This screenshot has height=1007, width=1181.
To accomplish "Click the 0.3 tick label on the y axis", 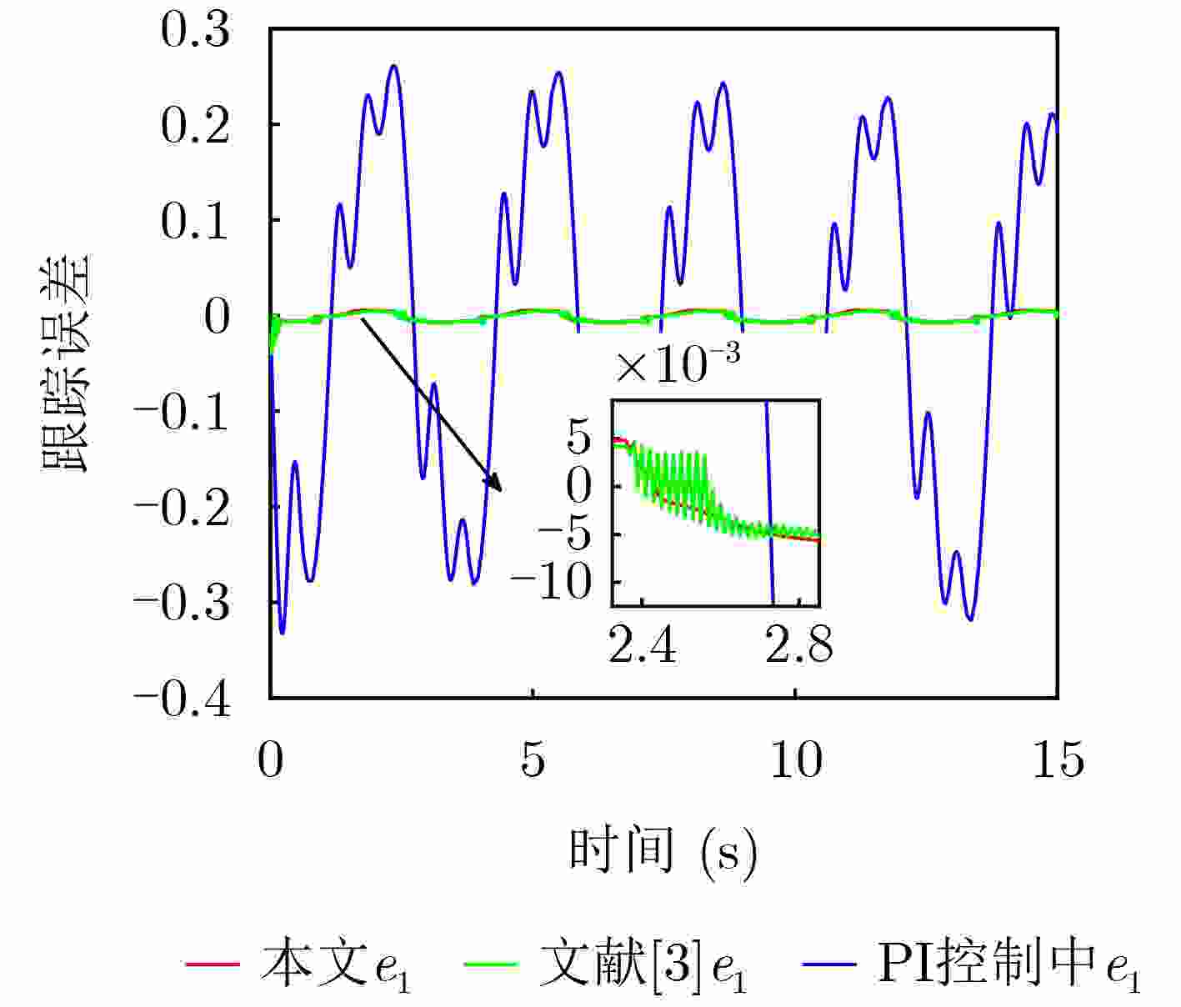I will pyautogui.click(x=195, y=32).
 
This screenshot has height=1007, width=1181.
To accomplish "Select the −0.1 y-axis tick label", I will pyautogui.click(x=182, y=412).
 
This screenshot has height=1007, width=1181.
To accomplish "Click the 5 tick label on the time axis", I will pyautogui.click(x=533, y=760).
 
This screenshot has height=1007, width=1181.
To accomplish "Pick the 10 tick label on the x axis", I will pyautogui.click(x=796, y=760).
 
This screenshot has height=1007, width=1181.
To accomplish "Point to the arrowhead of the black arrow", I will pyautogui.click(x=498, y=488).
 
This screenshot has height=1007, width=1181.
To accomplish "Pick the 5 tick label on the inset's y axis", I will pyautogui.click(x=578, y=437).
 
